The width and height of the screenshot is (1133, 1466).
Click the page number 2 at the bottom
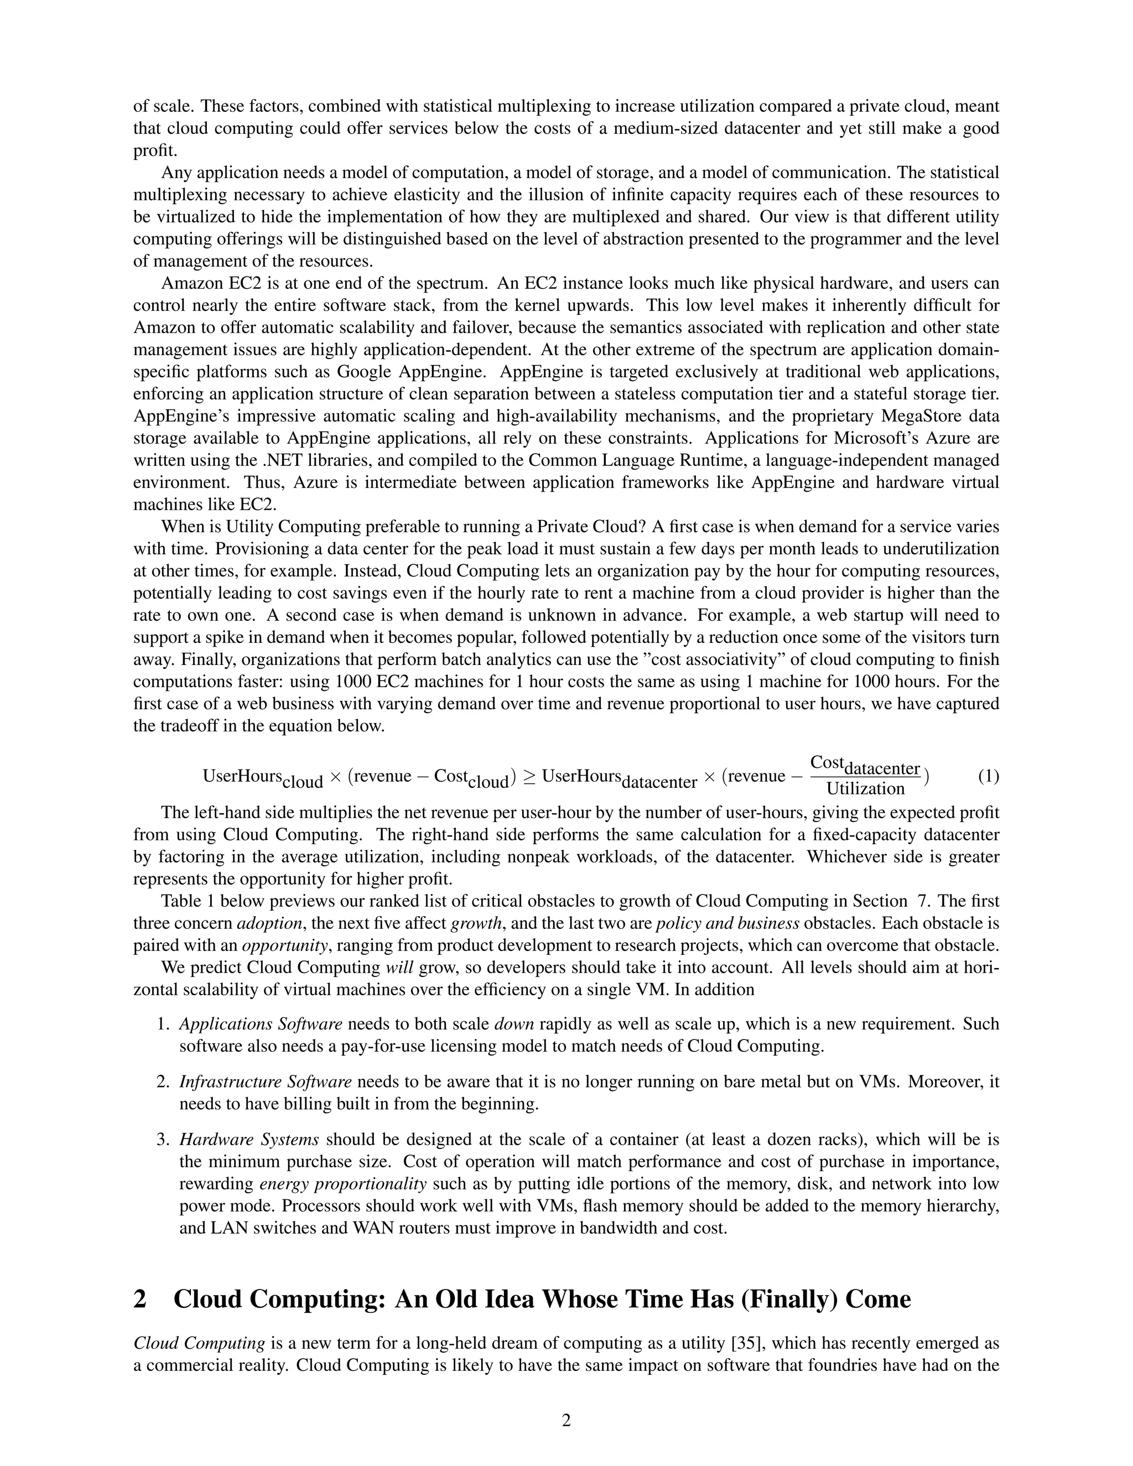click(x=566, y=1420)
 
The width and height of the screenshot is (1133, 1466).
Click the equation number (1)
click(x=988, y=777)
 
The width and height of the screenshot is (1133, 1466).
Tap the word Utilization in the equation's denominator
click(x=865, y=789)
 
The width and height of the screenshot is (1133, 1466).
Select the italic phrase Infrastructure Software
click(x=265, y=1082)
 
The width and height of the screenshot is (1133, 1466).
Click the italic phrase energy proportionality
click(x=342, y=1183)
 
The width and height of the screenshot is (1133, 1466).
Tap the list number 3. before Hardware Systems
click(x=163, y=1139)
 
